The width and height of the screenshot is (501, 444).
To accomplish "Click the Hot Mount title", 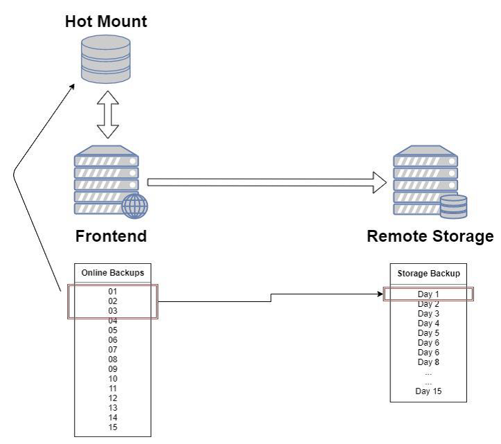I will coord(106,21).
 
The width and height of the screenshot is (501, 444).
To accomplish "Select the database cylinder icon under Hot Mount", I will coord(105,60).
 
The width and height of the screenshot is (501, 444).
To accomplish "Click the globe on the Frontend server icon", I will coord(134,206).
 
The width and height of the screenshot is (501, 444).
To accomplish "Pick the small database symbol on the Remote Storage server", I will coord(454,206).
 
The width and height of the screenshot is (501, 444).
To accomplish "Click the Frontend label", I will coord(111,236).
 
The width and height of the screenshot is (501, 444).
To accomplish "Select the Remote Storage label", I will coord(430,236).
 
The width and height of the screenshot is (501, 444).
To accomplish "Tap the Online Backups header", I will coord(113,273).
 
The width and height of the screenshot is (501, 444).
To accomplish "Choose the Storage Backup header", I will coord(429,274).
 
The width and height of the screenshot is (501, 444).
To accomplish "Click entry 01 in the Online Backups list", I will coord(113,292).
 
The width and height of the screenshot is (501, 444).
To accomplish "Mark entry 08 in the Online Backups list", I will coord(113,359).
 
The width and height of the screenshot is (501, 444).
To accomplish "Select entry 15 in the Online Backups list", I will coord(113,427).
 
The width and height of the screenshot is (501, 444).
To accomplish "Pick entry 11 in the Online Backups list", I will coord(113,389).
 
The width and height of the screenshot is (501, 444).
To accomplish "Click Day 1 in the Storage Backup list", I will coord(429,294).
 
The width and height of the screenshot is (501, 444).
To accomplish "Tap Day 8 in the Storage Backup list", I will coord(429,362).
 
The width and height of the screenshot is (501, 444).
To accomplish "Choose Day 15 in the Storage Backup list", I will coord(429,391).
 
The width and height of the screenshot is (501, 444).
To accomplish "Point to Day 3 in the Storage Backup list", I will coord(429,314).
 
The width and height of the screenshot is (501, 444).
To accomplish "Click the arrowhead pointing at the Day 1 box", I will coord(381,294).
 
